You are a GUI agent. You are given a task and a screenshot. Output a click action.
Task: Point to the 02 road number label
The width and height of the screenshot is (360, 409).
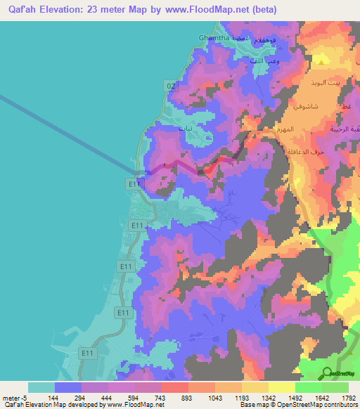[170, 85]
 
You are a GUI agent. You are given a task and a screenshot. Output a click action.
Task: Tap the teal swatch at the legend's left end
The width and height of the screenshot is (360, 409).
[41, 387]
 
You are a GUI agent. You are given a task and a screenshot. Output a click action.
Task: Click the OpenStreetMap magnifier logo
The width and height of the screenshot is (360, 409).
[327, 373]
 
